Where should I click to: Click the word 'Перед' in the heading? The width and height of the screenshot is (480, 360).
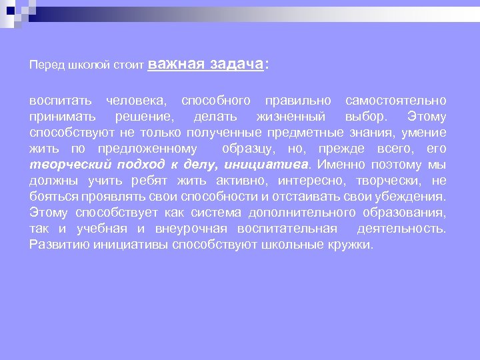pyautogui.click(x=43, y=66)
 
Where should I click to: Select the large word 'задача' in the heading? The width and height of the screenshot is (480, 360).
pyautogui.click(x=236, y=64)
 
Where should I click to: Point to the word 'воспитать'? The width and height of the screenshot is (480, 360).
pyautogui.click(x=60, y=101)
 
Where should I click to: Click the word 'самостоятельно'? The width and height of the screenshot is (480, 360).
pyautogui.click(x=396, y=101)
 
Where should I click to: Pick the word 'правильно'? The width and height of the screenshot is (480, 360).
pyautogui.click(x=298, y=101)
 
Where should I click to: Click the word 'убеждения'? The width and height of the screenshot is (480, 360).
pyautogui.click(x=411, y=197)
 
